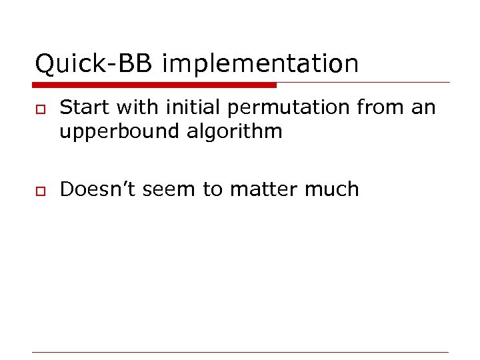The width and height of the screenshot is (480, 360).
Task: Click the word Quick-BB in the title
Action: pos(95,64)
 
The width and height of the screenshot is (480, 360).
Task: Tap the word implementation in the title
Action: pos(260,65)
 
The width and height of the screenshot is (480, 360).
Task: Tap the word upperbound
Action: pos(121,132)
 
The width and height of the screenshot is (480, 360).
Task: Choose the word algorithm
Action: pos(236,132)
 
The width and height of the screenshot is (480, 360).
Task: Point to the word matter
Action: pos(263,190)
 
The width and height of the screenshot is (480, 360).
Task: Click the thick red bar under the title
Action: pos(154,85)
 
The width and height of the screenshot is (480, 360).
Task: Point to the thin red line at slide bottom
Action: pos(241,352)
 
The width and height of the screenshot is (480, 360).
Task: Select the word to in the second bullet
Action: pos(212,190)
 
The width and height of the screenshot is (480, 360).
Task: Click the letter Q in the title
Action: pos(43,64)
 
